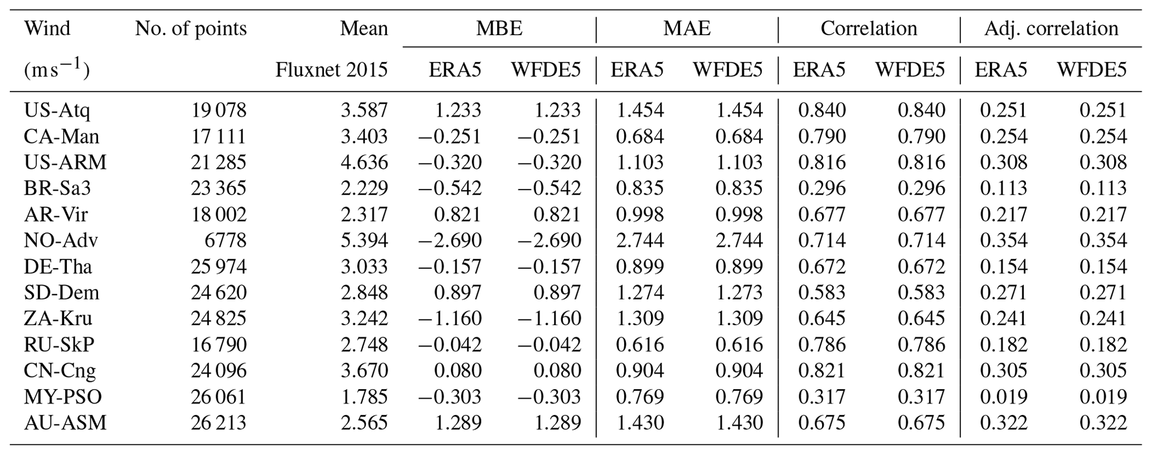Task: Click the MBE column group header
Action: (499, 28)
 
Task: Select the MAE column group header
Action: (687, 28)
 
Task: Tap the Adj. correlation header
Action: (1051, 28)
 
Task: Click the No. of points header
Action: (191, 28)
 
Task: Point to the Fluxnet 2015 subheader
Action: (332, 70)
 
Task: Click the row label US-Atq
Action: (57, 110)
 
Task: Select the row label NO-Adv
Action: (61, 240)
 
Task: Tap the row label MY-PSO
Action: (63, 397)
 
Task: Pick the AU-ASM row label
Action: (65, 423)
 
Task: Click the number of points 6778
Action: (225, 240)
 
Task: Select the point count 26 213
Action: (218, 423)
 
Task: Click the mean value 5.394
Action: (364, 240)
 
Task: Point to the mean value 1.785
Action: (364, 397)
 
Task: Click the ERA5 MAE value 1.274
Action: (639, 293)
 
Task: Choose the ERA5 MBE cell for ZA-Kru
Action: (449, 318)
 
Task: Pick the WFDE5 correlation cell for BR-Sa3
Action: (921, 188)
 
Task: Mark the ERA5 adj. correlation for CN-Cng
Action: (1003, 371)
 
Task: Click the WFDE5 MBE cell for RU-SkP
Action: (549, 345)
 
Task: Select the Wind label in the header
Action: (47, 28)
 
